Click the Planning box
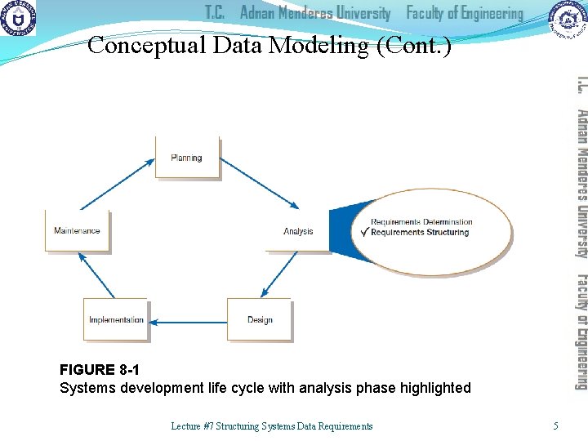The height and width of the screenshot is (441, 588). click(187, 158)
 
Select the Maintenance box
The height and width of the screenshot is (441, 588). click(77, 231)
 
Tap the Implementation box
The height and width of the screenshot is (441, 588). click(116, 319)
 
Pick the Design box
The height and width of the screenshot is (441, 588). click(260, 319)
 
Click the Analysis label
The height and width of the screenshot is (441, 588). click(298, 231)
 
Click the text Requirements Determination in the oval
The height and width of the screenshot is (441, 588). click(421, 221)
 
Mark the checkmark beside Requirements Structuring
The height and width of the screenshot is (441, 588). click(364, 232)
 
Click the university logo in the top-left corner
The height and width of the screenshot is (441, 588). click(19, 19)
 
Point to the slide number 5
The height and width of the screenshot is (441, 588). click(556, 425)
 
